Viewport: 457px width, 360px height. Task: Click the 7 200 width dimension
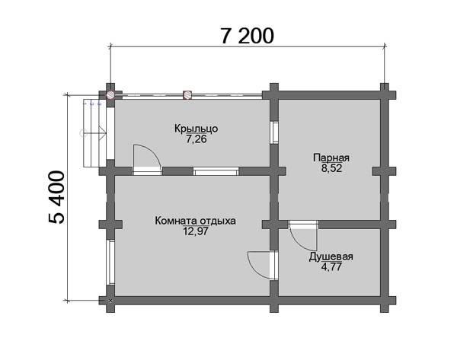coord(247,36)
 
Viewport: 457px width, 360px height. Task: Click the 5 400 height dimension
coord(56,197)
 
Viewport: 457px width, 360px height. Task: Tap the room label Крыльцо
coord(197,129)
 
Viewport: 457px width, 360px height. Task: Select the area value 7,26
coord(197,139)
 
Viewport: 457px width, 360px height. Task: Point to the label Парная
coord(331,158)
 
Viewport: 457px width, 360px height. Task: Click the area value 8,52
coord(331,168)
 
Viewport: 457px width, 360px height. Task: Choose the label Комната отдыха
coord(195,221)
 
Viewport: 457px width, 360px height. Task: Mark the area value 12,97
coord(196,231)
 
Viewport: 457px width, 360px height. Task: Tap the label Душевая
coord(331,256)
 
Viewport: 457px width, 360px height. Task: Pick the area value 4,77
coord(331,267)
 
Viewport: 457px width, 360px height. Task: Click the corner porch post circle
coord(110,94)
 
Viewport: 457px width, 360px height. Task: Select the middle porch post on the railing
coord(187,94)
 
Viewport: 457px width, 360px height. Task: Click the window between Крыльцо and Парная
coord(274,132)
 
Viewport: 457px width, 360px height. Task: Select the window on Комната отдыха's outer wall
coord(110,262)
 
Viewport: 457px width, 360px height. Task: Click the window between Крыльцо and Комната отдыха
coord(216,171)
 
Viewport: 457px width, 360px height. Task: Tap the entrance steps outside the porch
coord(94,133)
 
